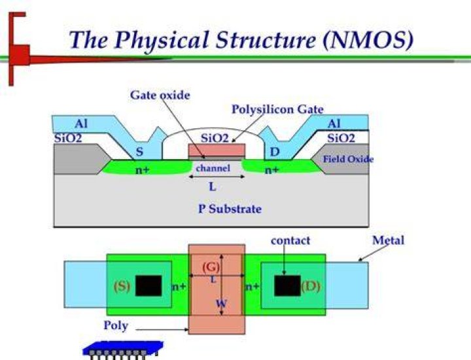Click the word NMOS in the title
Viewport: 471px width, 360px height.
pos(367,40)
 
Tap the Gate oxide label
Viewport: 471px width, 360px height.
pos(160,96)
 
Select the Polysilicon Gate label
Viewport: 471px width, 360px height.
pos(277,109)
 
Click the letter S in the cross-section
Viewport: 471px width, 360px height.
pos(139,151)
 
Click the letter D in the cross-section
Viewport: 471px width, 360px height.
pos(275,152)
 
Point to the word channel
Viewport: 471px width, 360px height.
pos(213,168)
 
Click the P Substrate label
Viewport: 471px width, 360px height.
pos(230,209)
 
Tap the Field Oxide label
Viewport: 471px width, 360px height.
pos(348,159)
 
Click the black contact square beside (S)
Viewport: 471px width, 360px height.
pos(148,285)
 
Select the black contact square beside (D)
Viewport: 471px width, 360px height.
pos(287,285)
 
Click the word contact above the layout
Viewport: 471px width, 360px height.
pos(290,240)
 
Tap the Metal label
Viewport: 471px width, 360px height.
pos(388,240)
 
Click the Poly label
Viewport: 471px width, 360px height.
pos(116,325)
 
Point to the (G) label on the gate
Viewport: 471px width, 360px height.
pos(211,267)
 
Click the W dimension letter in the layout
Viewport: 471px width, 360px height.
pos(221,304)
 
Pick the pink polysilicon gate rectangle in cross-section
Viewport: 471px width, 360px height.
pos(217,150)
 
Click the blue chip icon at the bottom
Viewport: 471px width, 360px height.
pos(123,350)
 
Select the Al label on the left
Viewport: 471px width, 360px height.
pos(81,124)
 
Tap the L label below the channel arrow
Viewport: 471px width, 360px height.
pos(213,187)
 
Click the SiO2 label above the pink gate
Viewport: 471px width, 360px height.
pos(215,138)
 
